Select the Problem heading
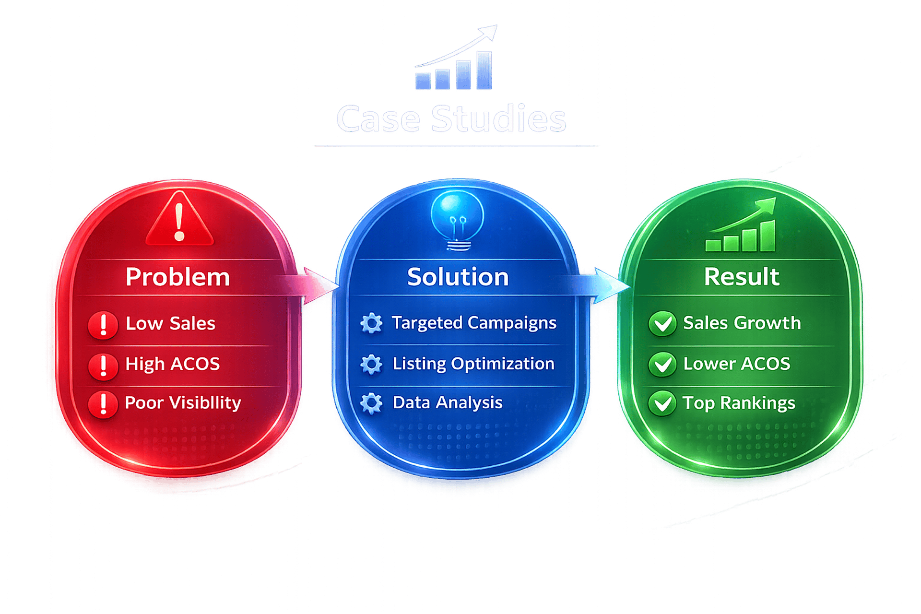pyautogui.click(x=177, y=277)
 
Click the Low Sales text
pyautogui.click(x=170, y=323)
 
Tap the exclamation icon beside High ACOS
pyautogui.click(x=103, y=366)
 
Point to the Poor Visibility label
pyautogui.click(x=183, y=403)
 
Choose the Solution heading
pyautogui.click(x=458, y=277)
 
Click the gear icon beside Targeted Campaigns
pyautogui.click(x=371, y=323)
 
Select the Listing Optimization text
pyautogui.click(x=473, y=364)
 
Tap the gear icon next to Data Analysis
pyautogui.click(x=371, y=403)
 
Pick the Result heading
pyautogui.click(x=742, y=277)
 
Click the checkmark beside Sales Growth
pyautogui.click(x=662, y=324)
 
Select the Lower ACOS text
pyautogui.click(x=736, y=364)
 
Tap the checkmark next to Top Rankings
pyautogui.click(x=662, y=403)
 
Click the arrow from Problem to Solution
pyautogui.click(x=312, y=285)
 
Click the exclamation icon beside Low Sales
pyautogui.click(x=103, y=325)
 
